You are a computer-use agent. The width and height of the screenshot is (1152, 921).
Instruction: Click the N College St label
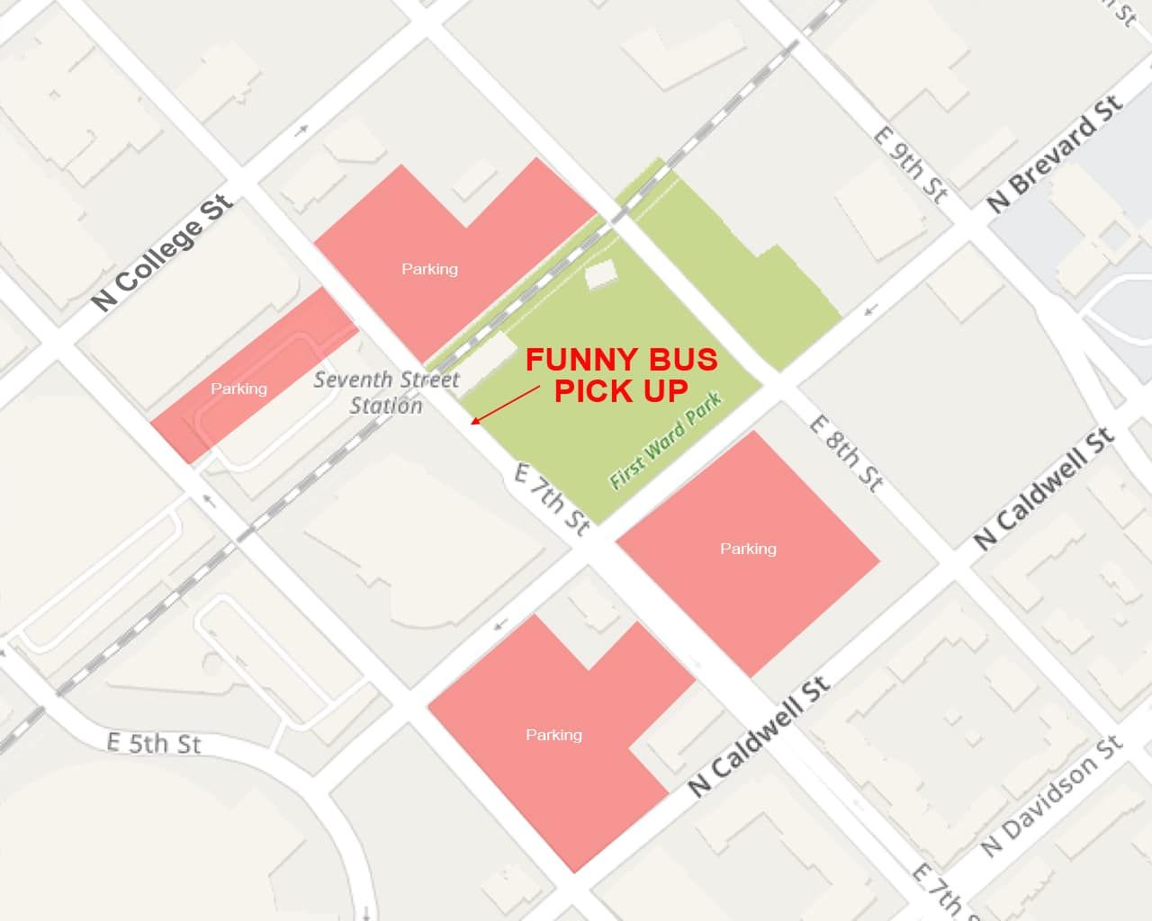click(x=163, y=253)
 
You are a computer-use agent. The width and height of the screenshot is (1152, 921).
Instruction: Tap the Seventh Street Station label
click(x=386, y=392)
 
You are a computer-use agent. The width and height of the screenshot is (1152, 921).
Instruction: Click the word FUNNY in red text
click(x=571, y=360)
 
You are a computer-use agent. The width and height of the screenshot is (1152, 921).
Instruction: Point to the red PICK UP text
click(x=621, y=390)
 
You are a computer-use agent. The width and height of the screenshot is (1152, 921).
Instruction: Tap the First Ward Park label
click(x=665, y=441)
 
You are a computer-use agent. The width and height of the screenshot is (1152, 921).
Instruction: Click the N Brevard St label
click(x=1055, y=153)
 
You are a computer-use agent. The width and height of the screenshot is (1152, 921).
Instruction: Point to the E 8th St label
click(x=845, y=452)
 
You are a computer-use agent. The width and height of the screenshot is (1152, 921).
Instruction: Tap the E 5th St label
click(x=153, y=744)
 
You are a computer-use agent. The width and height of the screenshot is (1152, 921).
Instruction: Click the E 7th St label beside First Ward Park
click(x=552, y=499)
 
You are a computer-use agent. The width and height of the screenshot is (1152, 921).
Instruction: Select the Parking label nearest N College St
click(x=238, y=389)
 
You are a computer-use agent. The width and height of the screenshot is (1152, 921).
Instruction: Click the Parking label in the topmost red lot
click(x=429, y=269)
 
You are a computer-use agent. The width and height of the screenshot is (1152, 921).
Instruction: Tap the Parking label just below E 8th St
click(x=748, y=549)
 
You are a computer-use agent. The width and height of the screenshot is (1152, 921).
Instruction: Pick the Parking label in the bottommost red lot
click(x=553, y=735)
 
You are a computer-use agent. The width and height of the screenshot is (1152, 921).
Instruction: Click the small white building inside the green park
click(x=600, y=273)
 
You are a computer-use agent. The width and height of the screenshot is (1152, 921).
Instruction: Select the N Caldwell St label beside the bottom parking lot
click(x=758, y=738)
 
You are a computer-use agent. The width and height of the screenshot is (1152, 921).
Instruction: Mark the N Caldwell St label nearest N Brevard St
click(x=1044, y=488)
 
